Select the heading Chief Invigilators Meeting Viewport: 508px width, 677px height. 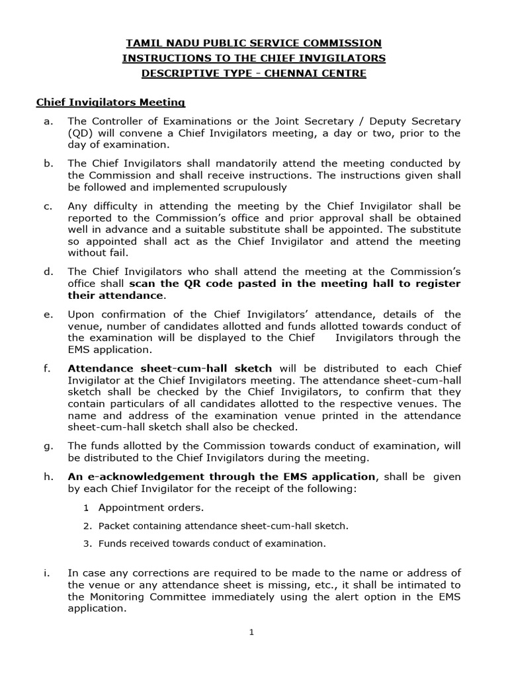tap(110, 102)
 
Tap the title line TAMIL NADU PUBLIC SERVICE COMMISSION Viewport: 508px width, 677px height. tap(253, 43)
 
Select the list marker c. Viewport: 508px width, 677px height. tap(48, 206)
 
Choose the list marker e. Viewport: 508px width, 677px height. tap(48, 314)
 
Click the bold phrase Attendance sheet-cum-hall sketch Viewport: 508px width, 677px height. tap(172, 368)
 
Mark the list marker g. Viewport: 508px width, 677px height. tap(48, 446)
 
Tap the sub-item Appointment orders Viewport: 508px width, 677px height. tap(151, 508)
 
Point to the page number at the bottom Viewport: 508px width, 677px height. tap(251, 633)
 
